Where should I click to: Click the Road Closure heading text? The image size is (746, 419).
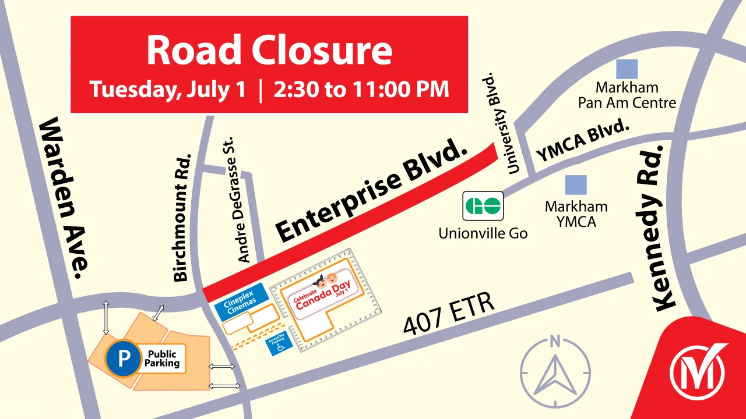(269, 51)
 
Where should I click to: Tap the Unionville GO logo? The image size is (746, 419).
(483, 205)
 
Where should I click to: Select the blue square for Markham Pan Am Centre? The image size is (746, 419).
(627, 69)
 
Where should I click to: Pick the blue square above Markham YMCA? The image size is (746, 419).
(576, 185)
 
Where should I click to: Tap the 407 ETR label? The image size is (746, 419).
(449, 314)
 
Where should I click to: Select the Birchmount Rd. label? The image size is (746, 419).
(182, 217)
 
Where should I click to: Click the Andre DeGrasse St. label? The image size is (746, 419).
(236, 200)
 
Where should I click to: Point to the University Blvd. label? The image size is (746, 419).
(501, 123)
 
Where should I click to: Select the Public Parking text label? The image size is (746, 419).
(163, 358)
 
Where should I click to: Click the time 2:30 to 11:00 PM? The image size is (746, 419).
(362, 90)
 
